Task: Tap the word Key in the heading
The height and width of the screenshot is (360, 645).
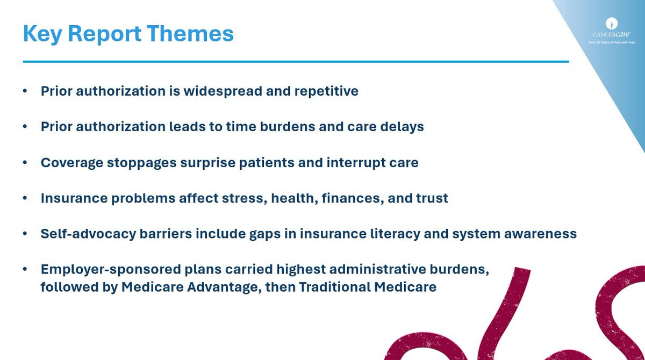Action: click(42, 34)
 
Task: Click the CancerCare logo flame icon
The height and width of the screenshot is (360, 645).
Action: click(611, 23)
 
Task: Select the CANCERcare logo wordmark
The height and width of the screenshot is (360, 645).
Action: click(611, 34)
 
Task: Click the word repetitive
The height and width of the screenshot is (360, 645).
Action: click(326, 91)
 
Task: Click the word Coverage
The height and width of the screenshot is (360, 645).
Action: click(72, 163)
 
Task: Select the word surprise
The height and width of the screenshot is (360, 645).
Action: click(208, 163)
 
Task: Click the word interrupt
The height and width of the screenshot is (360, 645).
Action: click(356, 163)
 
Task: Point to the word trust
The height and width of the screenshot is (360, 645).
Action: click(432, 198)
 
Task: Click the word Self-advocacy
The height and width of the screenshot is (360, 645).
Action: click(88, 234)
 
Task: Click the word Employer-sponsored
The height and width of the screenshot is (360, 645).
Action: click(111, 270)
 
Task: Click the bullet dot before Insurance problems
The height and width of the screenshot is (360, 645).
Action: click(25, 198)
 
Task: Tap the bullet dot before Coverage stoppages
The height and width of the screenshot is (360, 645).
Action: click(25, 163)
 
